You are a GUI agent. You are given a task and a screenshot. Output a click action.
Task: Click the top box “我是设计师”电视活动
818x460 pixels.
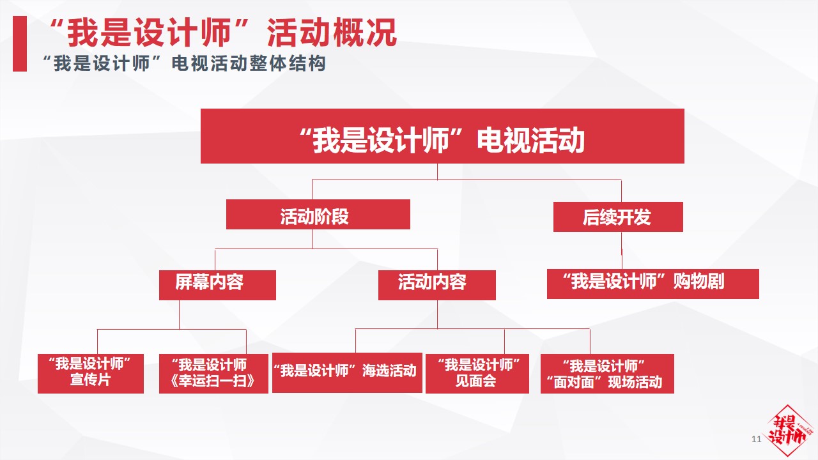pos(442,136)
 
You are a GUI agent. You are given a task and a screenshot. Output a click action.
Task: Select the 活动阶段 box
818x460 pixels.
pos(318,214)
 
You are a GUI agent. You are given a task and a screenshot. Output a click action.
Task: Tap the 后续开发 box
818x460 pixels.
pos(618,217)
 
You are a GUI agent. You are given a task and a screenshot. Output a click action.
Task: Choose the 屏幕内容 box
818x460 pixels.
pos(217,285)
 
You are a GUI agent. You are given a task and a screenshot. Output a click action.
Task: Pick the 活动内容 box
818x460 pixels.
pos(436,285)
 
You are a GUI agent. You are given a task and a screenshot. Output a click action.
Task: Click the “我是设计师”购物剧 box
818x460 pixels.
pos(653,284)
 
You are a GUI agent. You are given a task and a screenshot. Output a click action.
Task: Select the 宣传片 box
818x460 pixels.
pos(91,374)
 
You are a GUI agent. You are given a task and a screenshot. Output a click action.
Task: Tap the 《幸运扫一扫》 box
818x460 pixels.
pos(213,374)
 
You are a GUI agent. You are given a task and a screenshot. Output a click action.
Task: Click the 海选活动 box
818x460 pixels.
pos(347,372)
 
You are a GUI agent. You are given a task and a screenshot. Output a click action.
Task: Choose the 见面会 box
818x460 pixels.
pos(477,374)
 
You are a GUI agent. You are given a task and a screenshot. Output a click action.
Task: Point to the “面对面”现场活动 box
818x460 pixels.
pos(607,374)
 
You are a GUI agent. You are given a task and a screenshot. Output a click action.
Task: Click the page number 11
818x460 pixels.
pos(756,439)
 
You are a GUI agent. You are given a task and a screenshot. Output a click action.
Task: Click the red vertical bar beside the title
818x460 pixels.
pos(20,43)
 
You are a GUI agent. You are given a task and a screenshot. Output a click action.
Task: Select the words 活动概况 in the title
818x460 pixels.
pos(332,33)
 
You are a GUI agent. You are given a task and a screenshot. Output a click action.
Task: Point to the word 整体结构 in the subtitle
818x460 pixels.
pos(287,63)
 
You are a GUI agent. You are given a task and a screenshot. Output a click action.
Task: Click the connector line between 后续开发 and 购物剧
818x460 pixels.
pos(622,250)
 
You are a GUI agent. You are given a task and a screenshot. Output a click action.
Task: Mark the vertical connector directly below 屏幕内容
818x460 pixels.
pos(180,315)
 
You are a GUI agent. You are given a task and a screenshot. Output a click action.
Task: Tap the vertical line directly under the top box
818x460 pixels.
pos(438,172)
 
